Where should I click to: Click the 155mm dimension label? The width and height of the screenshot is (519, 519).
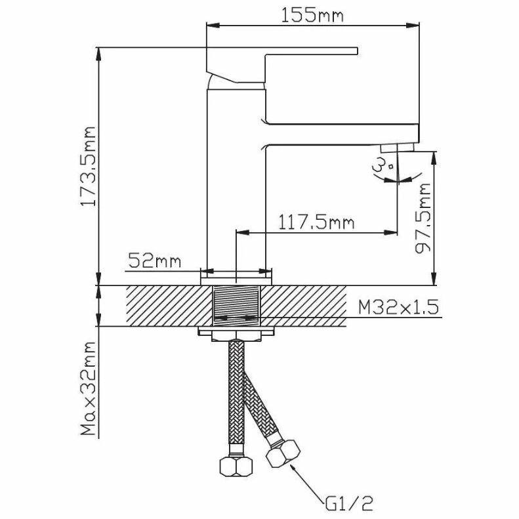[x=313, y=14]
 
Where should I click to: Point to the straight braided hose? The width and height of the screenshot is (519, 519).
[x=234, y=394]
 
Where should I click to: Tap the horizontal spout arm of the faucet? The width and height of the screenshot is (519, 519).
[x=341, y=133]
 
